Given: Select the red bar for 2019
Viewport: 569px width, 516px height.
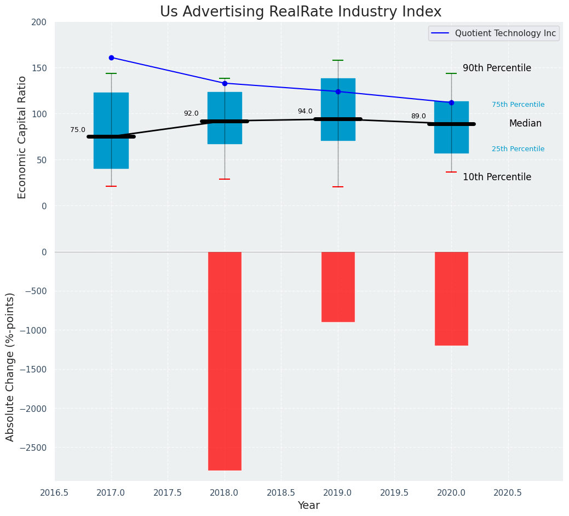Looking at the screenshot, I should (x=338, y=286).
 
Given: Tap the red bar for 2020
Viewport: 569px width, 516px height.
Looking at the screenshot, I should (x=451, y=299).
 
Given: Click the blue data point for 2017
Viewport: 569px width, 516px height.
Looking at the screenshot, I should (x=111, y=58).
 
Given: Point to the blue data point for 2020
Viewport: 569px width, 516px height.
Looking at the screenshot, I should (x=451, y=102).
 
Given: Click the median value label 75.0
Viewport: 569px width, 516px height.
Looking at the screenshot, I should (x=78, y=130).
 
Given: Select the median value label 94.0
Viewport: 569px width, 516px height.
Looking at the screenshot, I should (x=305, y=111).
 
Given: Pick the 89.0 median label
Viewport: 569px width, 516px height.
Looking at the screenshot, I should (x=418, y=116).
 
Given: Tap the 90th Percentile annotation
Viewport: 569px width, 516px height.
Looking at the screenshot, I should (x=497, y=68).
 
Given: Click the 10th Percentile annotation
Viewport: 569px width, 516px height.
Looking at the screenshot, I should (x=497, y=177).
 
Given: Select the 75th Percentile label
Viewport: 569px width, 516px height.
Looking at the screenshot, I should (x=518, y=105).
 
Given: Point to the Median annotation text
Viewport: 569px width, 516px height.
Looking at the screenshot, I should (x=525, y=124).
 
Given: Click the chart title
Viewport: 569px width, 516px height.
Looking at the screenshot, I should (x=301, y=12).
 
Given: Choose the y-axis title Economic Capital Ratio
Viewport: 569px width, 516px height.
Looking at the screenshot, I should (x=22, y=137).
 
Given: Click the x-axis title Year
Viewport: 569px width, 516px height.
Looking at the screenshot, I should (x=309, y=506).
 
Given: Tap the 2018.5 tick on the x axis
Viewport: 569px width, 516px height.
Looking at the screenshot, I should (x=281, y=492).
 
